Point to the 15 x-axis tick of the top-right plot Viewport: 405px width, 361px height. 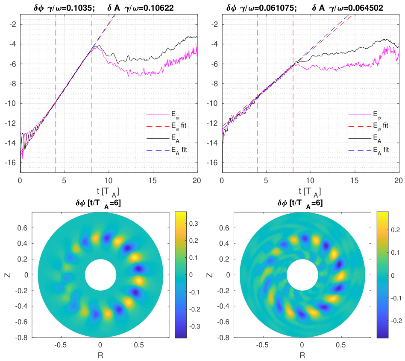tap(355, 180)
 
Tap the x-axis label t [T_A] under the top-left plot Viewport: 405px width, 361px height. tap(109, 191)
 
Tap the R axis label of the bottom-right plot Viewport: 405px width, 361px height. tap(302, 355)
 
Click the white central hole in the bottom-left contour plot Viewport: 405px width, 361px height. tap(100, 275)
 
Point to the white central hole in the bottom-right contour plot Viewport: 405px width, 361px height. tap(302, 275)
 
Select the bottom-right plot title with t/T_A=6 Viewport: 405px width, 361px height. tap(302, 204)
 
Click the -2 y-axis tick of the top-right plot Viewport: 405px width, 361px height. tap(214, 24)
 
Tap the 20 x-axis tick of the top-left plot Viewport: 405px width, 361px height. tap(197, 180)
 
